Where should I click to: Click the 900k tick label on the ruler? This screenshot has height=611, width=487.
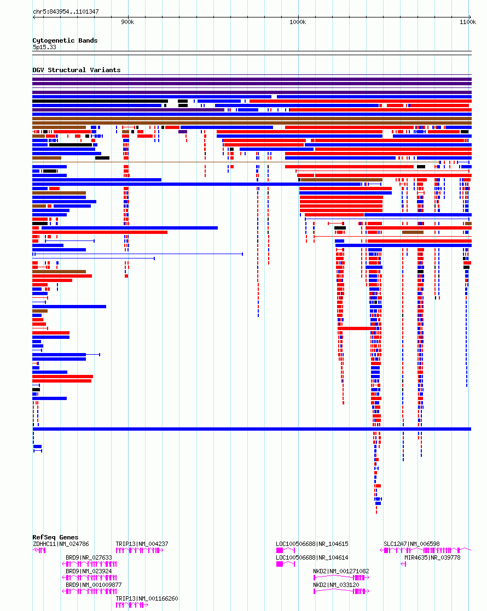click(127, 22)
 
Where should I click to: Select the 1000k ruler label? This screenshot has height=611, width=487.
click(298, 22)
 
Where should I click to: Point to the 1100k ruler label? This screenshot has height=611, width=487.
click(468, 22)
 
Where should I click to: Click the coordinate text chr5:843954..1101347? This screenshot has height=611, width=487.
click(66, 11)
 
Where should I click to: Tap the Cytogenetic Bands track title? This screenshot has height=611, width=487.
click(65, 40)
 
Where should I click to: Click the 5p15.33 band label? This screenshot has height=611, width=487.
click(44, 47)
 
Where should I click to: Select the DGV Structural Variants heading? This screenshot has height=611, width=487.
click(77, 70)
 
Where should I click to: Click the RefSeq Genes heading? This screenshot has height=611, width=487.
click(55, 537)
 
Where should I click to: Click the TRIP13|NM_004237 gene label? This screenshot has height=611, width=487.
click(142, 544)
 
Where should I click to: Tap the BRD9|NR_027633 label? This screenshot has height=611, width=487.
click(89, 557)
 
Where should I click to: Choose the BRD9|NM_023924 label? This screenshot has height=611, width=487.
click(89, 571)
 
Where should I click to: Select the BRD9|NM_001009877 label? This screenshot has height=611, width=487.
click(94, 585)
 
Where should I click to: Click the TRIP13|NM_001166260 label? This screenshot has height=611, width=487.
click(147, 598)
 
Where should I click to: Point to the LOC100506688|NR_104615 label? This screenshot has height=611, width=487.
click(312, 544)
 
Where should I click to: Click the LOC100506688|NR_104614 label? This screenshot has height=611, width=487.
click(312, 557)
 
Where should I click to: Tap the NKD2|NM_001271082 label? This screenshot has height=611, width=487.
click(341, 571)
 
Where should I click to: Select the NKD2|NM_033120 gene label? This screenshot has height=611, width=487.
click(336, 585)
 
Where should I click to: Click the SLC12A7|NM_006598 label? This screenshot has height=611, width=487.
click(411, 544)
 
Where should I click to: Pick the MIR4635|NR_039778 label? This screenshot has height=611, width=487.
click(432, 557)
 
